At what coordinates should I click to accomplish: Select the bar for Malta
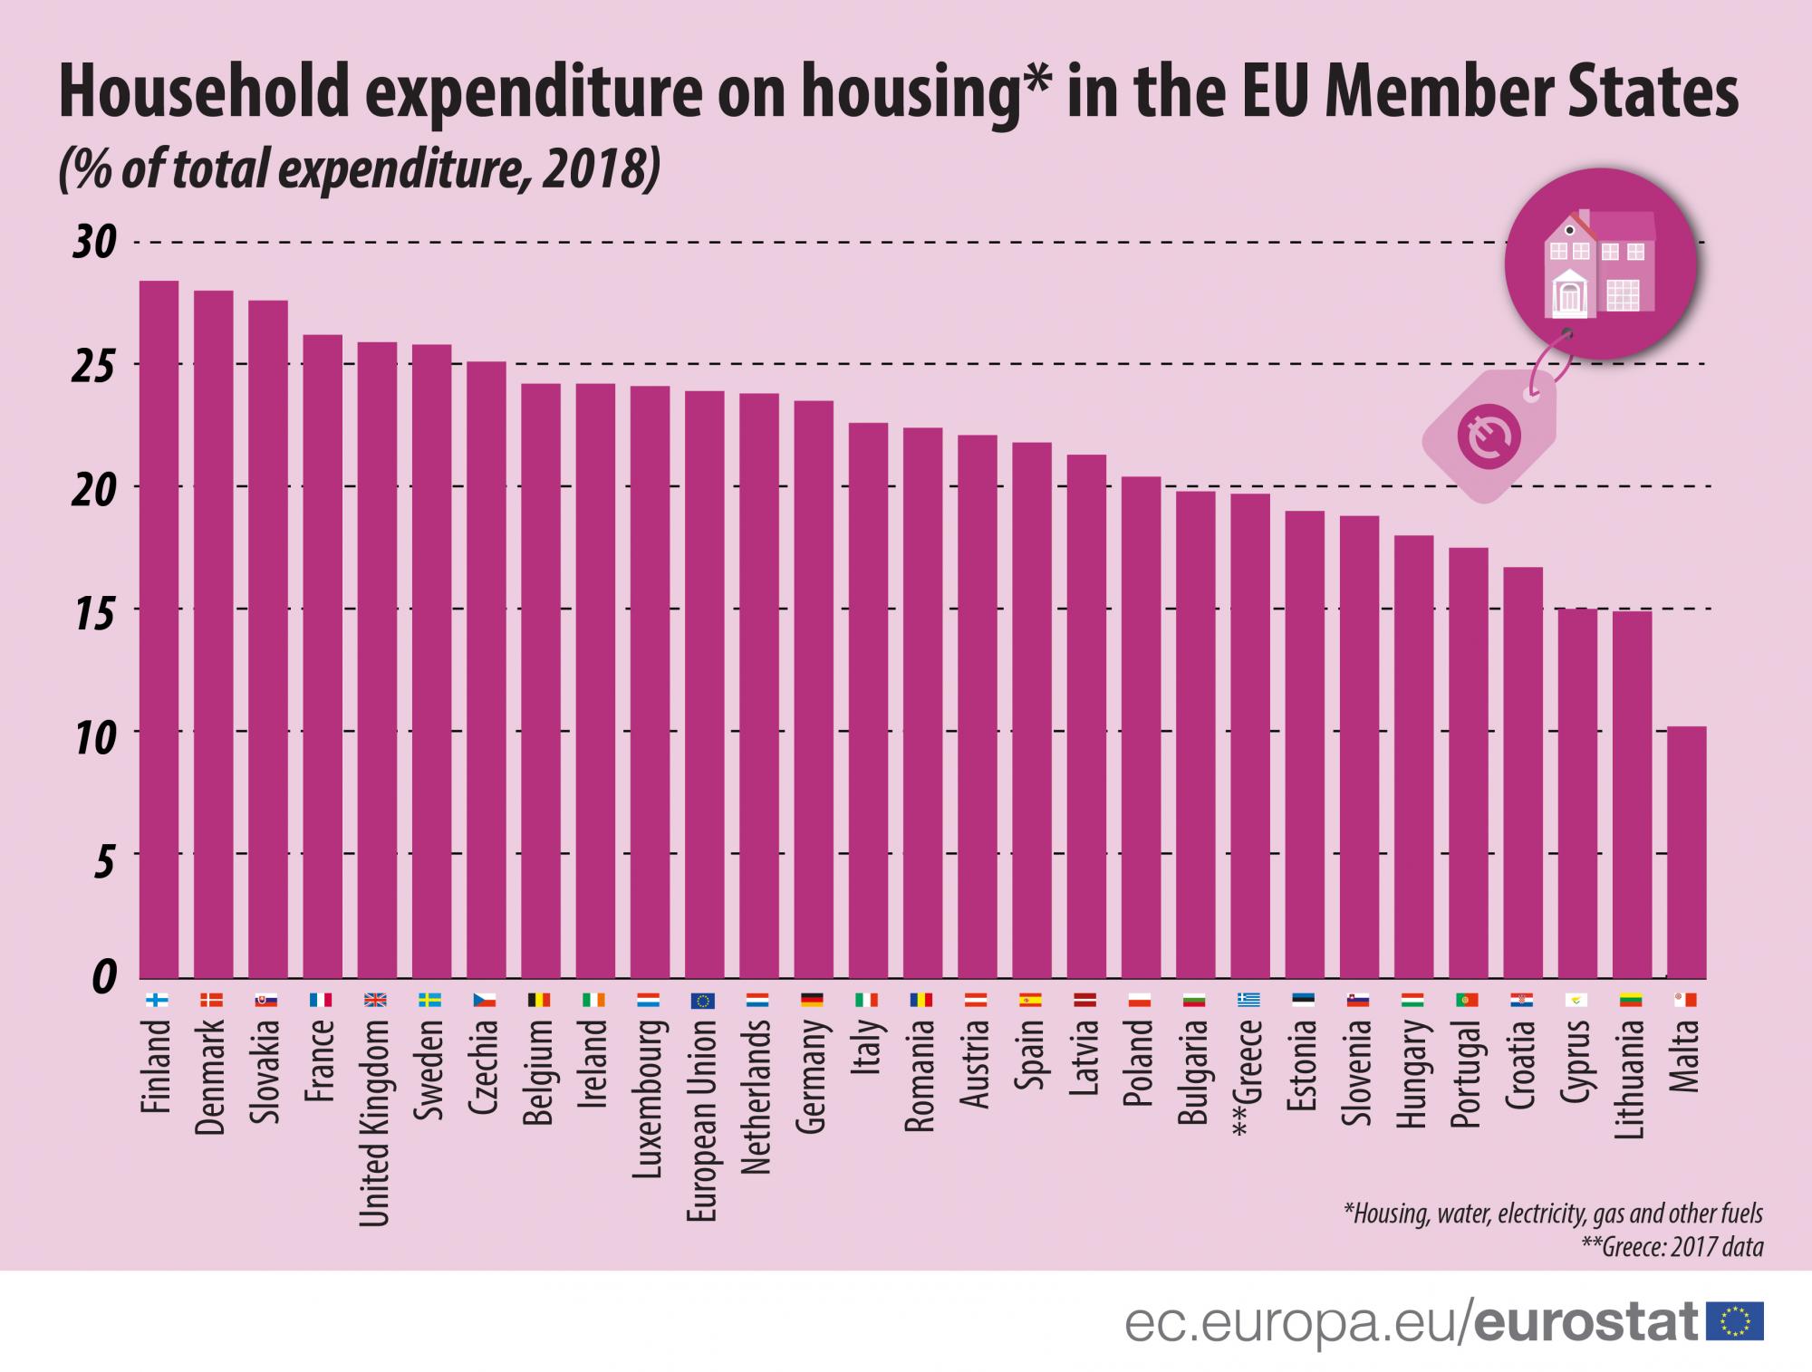pyautogui.click(x=1686, y=852)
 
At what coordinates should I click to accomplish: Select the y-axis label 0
pyautogui.click(x=104, y=977)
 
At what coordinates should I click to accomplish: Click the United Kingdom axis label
pyautogui.click(x=376, y=1123)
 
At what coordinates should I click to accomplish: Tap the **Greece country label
pyautogui.click(x=1249, y=1078)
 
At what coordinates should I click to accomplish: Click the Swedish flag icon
pyautogui.click(x=430, y=1001)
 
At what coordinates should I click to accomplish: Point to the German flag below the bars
pyautogui.click(x=813, y=1001)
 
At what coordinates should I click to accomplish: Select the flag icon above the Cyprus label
pyautogui.click(x=1577, y=1001)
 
